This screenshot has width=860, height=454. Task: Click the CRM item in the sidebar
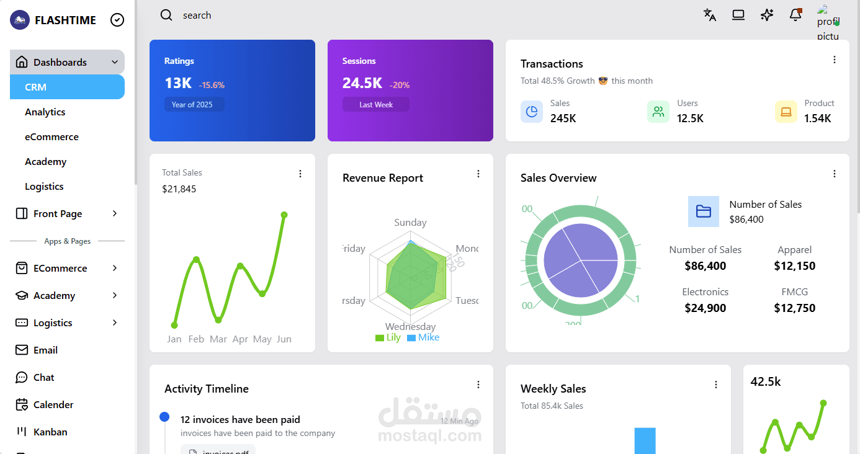coord(67,87)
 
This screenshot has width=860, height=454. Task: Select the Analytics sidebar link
coord(45,112)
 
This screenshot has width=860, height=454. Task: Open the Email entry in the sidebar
coord(45,350)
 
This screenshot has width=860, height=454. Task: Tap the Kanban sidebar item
coord(50,432)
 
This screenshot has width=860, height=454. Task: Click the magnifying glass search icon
coord(166,16)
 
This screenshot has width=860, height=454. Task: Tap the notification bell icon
coord(795,16)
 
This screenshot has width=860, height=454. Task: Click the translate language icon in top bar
coord(710,16)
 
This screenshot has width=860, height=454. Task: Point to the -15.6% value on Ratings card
coord(212,85)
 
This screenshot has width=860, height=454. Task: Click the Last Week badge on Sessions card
coord(376,105)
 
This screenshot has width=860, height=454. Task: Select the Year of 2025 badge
coord(192,105)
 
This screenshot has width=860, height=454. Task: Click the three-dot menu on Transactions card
coord(835,60)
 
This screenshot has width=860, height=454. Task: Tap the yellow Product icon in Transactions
coord(786,112)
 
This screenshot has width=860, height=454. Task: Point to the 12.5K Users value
coord(690,118)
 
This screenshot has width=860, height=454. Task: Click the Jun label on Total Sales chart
coord(284,339)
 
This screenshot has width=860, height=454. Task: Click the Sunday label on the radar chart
coord(410,223)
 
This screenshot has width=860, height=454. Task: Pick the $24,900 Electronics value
coord(705,308)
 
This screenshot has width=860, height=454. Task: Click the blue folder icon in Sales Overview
coord(704,211)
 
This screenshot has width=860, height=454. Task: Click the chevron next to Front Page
coord(115,213)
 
